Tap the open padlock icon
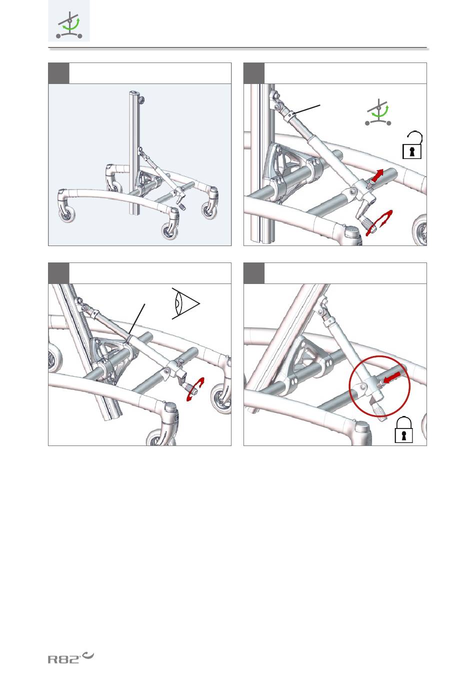(x=412, y=145)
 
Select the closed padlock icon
(x=403, y=430)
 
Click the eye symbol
(x=185, y=303)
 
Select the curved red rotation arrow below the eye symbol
(x=195, y=389)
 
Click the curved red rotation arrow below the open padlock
(x=379, y=223)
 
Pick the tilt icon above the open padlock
(x=378, y=112)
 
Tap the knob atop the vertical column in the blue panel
(x=141, y=99)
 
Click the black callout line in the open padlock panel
(x=307, y=109)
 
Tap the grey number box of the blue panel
(x=58, y=73)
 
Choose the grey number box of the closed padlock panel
(x=254, y=273)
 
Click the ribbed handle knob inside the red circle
(x=378, y=411)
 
